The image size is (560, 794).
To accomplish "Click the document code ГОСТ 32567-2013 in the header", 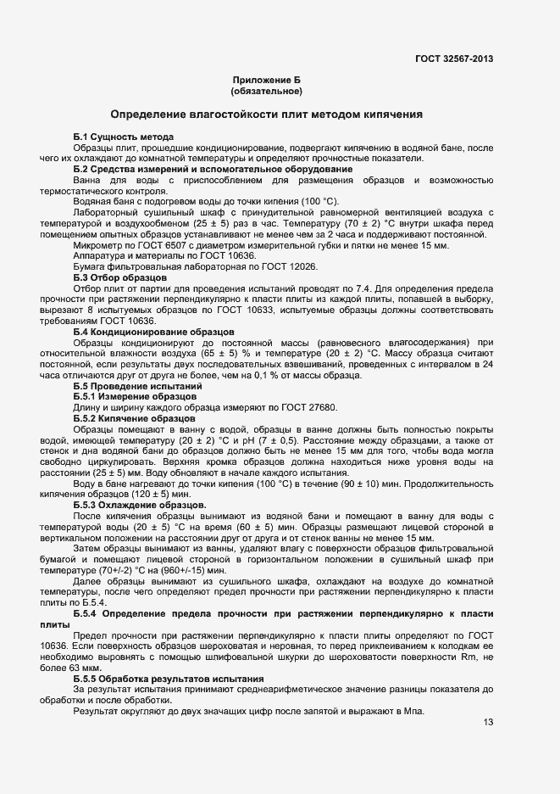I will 454,59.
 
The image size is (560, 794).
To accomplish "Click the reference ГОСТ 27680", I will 312,408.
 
